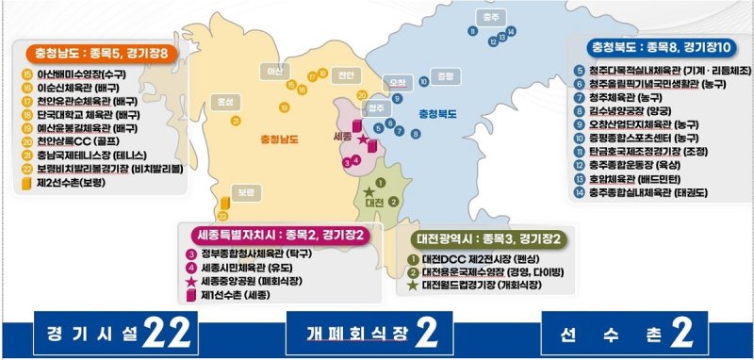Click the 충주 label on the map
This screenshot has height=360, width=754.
[x=487, y=17]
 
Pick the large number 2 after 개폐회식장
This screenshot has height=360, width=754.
[x=426, y=333]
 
